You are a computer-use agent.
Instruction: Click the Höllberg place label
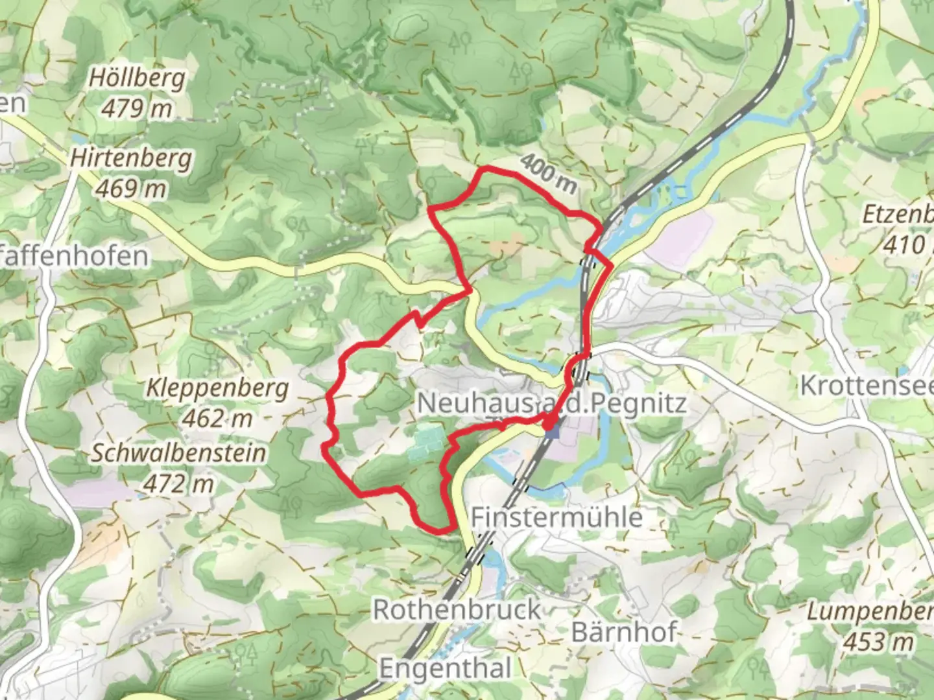[136, 79]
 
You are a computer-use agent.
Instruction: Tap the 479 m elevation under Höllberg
[136, 108]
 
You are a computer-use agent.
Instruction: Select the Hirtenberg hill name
[131, 159]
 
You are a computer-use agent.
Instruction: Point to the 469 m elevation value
[131, 189]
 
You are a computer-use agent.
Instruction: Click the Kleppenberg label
[217, 388]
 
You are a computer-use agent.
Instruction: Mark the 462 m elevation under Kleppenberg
[217, 419]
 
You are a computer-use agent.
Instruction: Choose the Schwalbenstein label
[178, 453]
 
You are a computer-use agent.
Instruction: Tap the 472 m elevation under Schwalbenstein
[178, 484]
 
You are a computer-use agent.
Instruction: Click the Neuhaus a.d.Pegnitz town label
[551, 403]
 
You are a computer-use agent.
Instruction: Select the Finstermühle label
[557, 517]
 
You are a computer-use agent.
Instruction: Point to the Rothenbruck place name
[457, 609]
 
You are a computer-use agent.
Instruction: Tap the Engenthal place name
[445, 668]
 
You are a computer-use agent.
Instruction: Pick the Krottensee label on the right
[867, 385]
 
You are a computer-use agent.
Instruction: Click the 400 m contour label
[548, 174]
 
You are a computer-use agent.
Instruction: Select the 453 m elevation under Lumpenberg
[878, 642]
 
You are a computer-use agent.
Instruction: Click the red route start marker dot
[549, 425]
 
